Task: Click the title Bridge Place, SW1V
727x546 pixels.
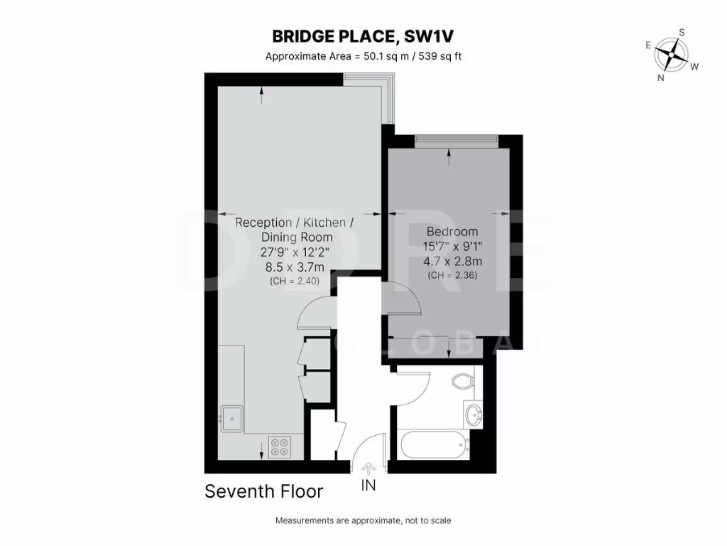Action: [363, 36]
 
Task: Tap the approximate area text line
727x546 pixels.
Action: [363, 56]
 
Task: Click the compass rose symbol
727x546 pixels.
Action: [671, 54]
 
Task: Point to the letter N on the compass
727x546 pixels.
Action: [661, 78]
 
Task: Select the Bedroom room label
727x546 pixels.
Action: [452, 232]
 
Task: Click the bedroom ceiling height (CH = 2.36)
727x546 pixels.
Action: [452, 275]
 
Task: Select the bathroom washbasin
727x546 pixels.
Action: [472, 412]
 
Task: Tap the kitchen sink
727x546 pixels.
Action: [231, 417]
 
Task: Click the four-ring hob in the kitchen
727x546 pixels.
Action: [279, 445]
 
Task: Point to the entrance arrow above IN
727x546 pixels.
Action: [368, 469]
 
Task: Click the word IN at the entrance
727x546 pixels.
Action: [368, 487]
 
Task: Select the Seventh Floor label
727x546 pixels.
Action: [264, 491]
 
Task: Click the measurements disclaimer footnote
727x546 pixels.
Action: [363, 520]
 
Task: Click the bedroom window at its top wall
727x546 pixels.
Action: [457, 142]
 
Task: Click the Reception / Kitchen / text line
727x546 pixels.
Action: [294, 223]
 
